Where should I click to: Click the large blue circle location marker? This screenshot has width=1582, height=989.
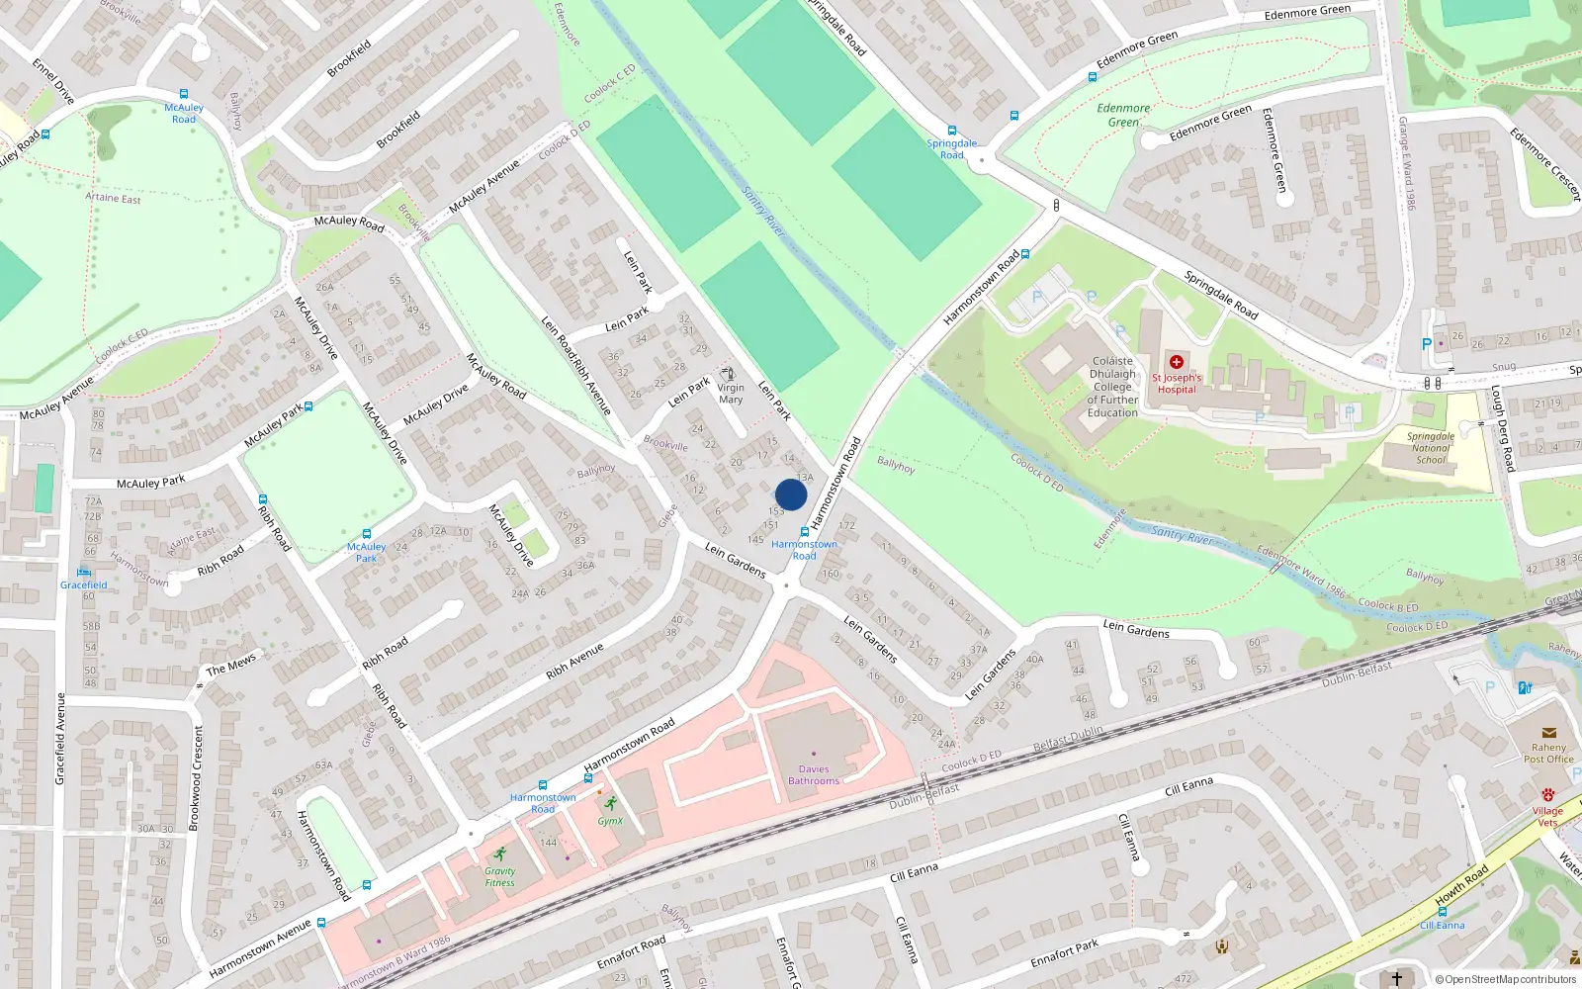pyautogui.click(x=791, y=494)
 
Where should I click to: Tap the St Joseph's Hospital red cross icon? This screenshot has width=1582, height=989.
pyautogui.click(x=1177, y=362)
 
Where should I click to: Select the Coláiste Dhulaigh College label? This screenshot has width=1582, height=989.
pyautogui.click(x=1113, y=387)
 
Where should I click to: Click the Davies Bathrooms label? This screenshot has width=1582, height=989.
pyautogui.click(x=814, y=774)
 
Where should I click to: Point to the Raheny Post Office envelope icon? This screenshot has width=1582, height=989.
pyautogui.click(x=1548, y=733)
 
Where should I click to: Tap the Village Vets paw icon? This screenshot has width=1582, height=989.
pyautogui.click(x=1548, y=795)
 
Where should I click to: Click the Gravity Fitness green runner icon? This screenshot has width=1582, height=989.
pyautogui.click(x=500, y=854)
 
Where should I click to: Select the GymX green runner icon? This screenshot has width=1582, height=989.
pyautogui.click(x=610, y=803)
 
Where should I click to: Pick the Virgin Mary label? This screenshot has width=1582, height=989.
pyautogui.click(x=731, y=394)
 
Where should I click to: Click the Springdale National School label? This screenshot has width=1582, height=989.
pyautogui.click(x=1431, y=448)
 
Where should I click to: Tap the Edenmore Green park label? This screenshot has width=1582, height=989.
pyautogui.click(x=1123, y=115)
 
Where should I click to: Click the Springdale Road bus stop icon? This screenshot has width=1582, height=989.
pyautogui.click(x=952, y=131)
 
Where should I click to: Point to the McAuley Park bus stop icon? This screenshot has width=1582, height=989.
pyautogui.click(x=367, y=534)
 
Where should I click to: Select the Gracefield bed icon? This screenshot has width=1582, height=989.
pyautogui.click(x=84, y=572)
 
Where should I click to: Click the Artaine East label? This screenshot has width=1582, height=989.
pyautogui.click(x=113, y=198)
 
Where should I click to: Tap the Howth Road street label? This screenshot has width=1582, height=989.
pyautogui.click(x=1461, y=885)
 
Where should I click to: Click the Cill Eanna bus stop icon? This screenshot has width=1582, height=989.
pyautogui.click(x=1443, y=912)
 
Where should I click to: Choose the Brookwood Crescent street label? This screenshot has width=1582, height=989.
pyautogui.click(x=197, y=777)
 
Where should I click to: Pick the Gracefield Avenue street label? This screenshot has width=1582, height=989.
pyautogui.click(x=60, y=739)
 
